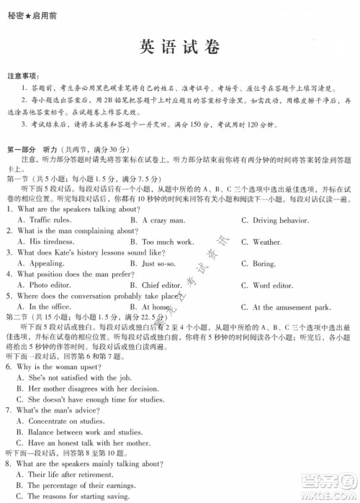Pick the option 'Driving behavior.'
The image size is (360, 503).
click(x=277, y=219)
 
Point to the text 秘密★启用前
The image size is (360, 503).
click(x=27, y=9)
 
